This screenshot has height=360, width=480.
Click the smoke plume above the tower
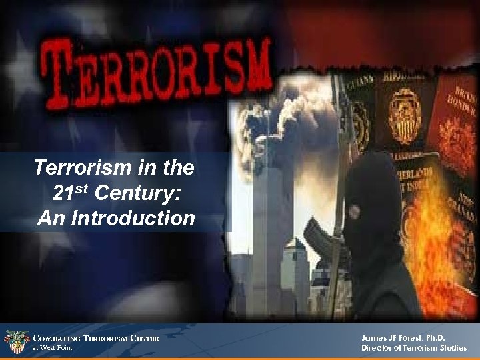(273, 117)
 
